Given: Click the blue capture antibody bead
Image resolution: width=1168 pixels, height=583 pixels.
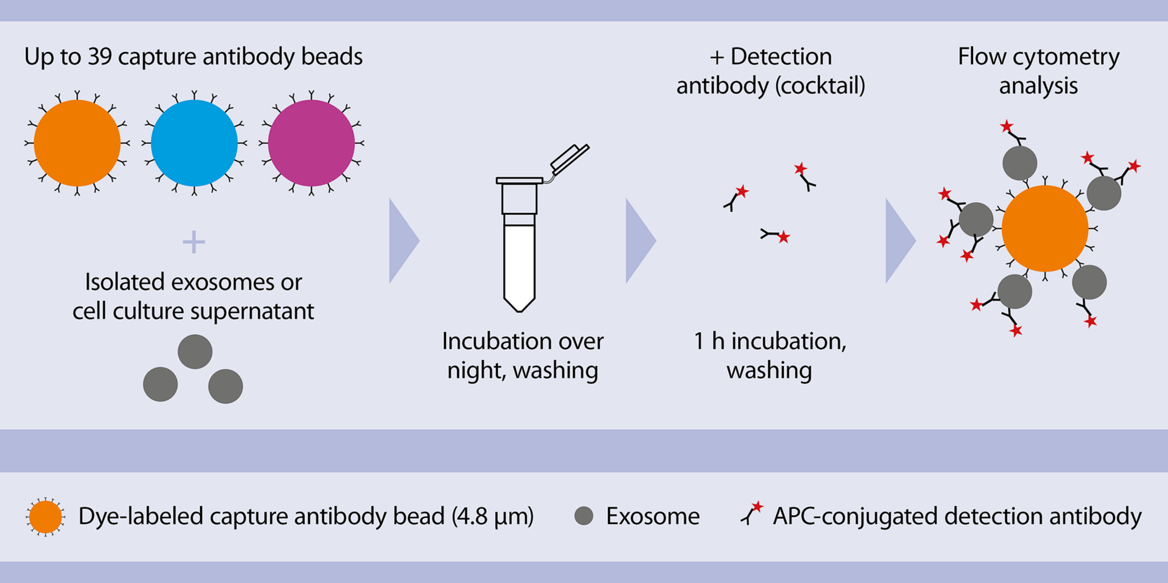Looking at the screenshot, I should pos(194,143).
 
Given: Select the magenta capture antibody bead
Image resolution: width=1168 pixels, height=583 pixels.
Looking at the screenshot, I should pos(311,143).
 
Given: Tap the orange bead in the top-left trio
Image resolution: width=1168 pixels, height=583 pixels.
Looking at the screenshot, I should pos(77,143).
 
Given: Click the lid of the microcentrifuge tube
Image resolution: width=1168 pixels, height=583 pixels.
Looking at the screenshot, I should pos(569,158).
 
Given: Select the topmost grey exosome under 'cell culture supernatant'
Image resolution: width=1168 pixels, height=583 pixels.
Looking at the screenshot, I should pos(195,352).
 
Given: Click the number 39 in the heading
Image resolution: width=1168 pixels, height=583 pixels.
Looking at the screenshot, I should pos(100,57).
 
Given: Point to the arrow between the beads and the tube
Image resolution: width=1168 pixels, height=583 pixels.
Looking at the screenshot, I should pos(403,241).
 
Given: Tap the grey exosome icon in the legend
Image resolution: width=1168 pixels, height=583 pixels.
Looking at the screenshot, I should pos(583,516).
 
